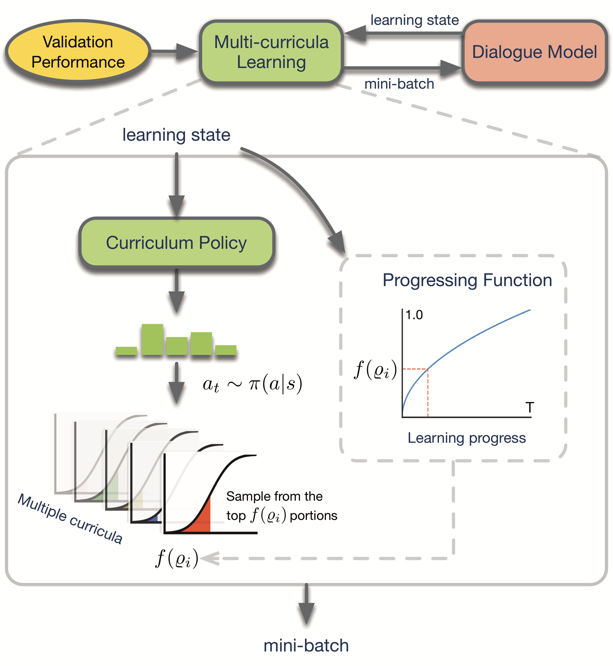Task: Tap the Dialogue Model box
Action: pyautogui.click(x=534, y=52)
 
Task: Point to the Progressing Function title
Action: pyautogui.click(x=467, y=280)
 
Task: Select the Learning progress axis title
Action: pyautogui.click(x=466, y=438)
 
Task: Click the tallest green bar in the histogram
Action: pyautogui.click(x=152, y=339)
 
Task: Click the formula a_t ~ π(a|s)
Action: pyautogui.click(x=252, y=384)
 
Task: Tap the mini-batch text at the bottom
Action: pyautogui.click(x=306, y=645)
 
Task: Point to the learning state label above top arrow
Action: pyautogui.click(x=414, y=20)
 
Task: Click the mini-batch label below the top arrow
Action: pyautogui.click(x=399, y=84)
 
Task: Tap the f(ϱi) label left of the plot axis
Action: pyautogui.click(x=375, y=369)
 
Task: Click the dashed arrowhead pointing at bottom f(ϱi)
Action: pyautogui.click(x=210, y=558)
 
